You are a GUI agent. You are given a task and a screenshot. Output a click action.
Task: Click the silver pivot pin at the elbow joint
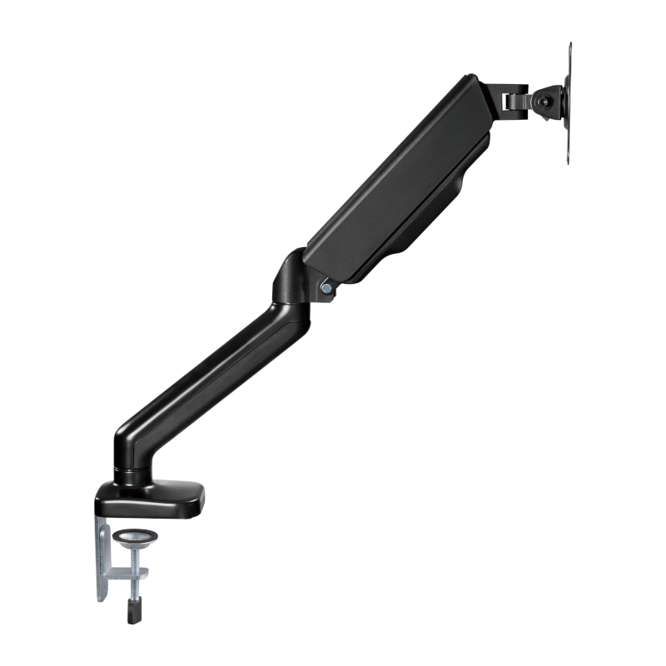pos(326,288)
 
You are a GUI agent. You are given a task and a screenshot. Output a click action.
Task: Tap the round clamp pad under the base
pos(130,537)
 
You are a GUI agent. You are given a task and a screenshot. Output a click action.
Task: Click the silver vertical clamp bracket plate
pos(102,558)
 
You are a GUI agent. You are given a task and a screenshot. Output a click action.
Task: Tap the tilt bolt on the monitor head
pos(544,102)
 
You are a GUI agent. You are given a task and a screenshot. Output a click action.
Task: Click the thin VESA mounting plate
pos(569,104)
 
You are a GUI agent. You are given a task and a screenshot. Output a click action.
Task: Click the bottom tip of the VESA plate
pos(569,162)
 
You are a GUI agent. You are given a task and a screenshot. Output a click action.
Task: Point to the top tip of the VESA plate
pos(570,46)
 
